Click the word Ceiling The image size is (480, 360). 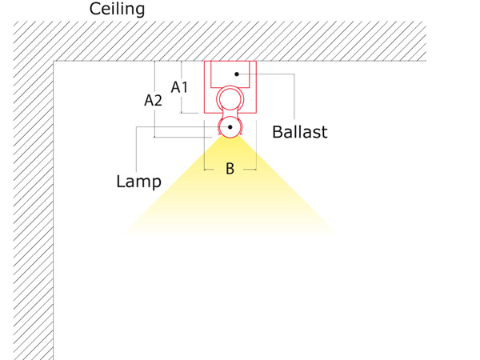[117, 9]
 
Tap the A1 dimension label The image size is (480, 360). [179, 87]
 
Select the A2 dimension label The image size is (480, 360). [153, 101]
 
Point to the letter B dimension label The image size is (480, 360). [230, 169]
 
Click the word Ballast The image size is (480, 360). [300, 132]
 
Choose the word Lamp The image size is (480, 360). [138, 182]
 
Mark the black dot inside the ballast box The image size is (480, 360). [237, 74]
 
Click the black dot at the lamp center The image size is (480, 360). [230, 127]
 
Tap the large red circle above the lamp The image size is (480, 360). [230, 86]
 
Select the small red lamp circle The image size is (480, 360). [230, 117]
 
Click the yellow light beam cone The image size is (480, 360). [230, 190]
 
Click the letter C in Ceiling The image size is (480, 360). [95, 9]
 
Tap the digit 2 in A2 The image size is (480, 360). [158, 101]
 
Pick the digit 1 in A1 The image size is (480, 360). [184, 87]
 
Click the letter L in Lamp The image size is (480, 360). [120, 181]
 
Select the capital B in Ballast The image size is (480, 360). [277, 132]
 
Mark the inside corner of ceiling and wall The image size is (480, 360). [54, 62]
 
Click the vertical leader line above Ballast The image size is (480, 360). [294, 97]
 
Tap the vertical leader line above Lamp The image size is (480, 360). [136, 150]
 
